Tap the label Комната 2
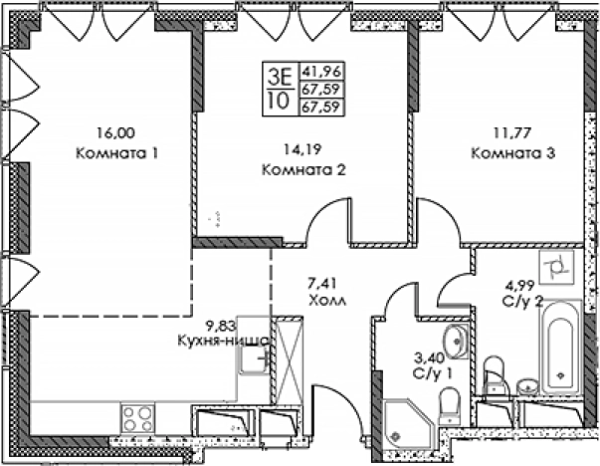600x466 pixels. point(301,169)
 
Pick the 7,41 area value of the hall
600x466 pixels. point(324,282)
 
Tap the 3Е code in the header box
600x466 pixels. point(280,72)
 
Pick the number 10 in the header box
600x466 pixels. point(280,99)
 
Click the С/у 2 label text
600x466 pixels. point(522,299)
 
